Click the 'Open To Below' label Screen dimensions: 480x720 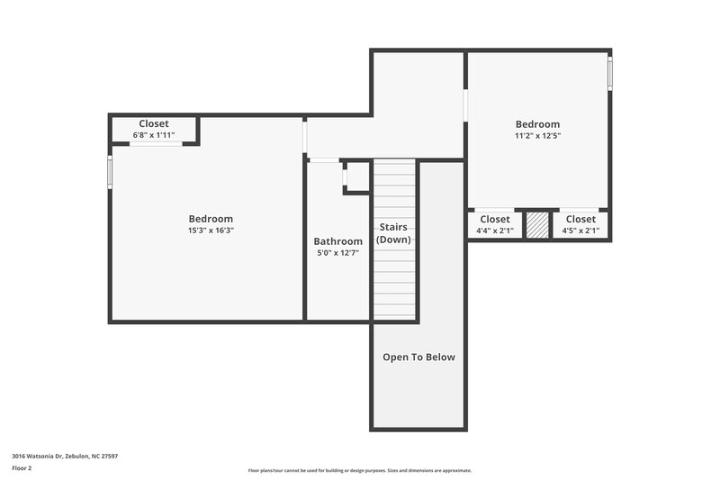click(418, 358)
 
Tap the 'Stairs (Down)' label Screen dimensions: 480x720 click(394, 233)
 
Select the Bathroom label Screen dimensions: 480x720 click(337, 241)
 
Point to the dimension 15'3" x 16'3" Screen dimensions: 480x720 click(211, 231)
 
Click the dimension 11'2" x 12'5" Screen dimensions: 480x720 click(537, 136)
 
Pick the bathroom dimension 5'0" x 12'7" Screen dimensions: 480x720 click(337, 254)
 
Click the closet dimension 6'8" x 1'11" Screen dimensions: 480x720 click(154, 135)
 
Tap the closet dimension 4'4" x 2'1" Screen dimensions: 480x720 click(494, 231)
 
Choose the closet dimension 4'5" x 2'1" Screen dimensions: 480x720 click(580, 231)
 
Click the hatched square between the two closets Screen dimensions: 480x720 click(537, 225)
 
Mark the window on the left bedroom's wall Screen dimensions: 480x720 click(111, 172)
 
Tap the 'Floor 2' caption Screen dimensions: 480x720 click(22, 468)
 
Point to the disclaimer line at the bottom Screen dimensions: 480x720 click(359, 470)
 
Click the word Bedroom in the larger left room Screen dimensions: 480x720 click(211, 219)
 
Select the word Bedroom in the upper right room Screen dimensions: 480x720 click(537, 124)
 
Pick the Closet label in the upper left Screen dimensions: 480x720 click(154, 123)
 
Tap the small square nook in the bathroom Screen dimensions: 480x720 click(356, 177)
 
